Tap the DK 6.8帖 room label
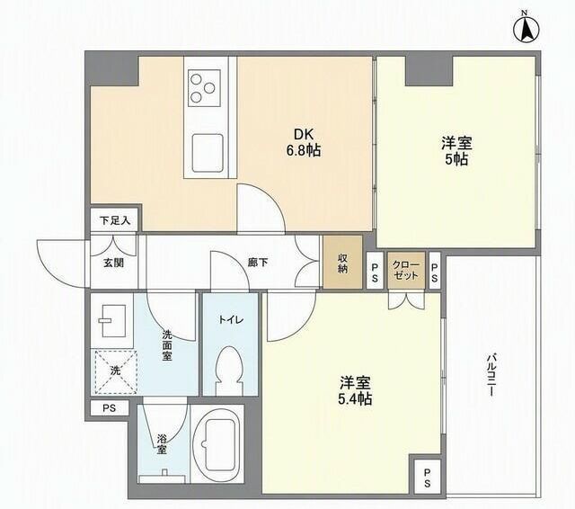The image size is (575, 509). click(304, 143)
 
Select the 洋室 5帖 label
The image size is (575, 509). click(456, 150)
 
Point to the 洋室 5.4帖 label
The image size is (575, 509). click(355, 390)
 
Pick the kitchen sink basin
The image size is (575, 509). click(208, 154)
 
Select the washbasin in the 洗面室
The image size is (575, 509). click(112, 321)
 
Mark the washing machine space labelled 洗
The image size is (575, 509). click(116, 371)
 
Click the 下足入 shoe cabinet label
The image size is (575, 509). click(115, 220)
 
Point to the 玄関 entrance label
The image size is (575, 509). click(113, 263)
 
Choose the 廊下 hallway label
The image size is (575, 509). click(258, 263)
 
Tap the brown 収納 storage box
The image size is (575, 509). click(342, 262)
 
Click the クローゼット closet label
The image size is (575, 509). click(406, 270)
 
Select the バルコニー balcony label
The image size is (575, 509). click(491, 375)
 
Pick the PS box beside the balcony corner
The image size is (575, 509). click(428, 477)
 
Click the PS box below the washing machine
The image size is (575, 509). click(110, 408)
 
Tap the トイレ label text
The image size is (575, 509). click(231, 320)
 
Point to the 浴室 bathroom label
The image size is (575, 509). click(162, 444)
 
